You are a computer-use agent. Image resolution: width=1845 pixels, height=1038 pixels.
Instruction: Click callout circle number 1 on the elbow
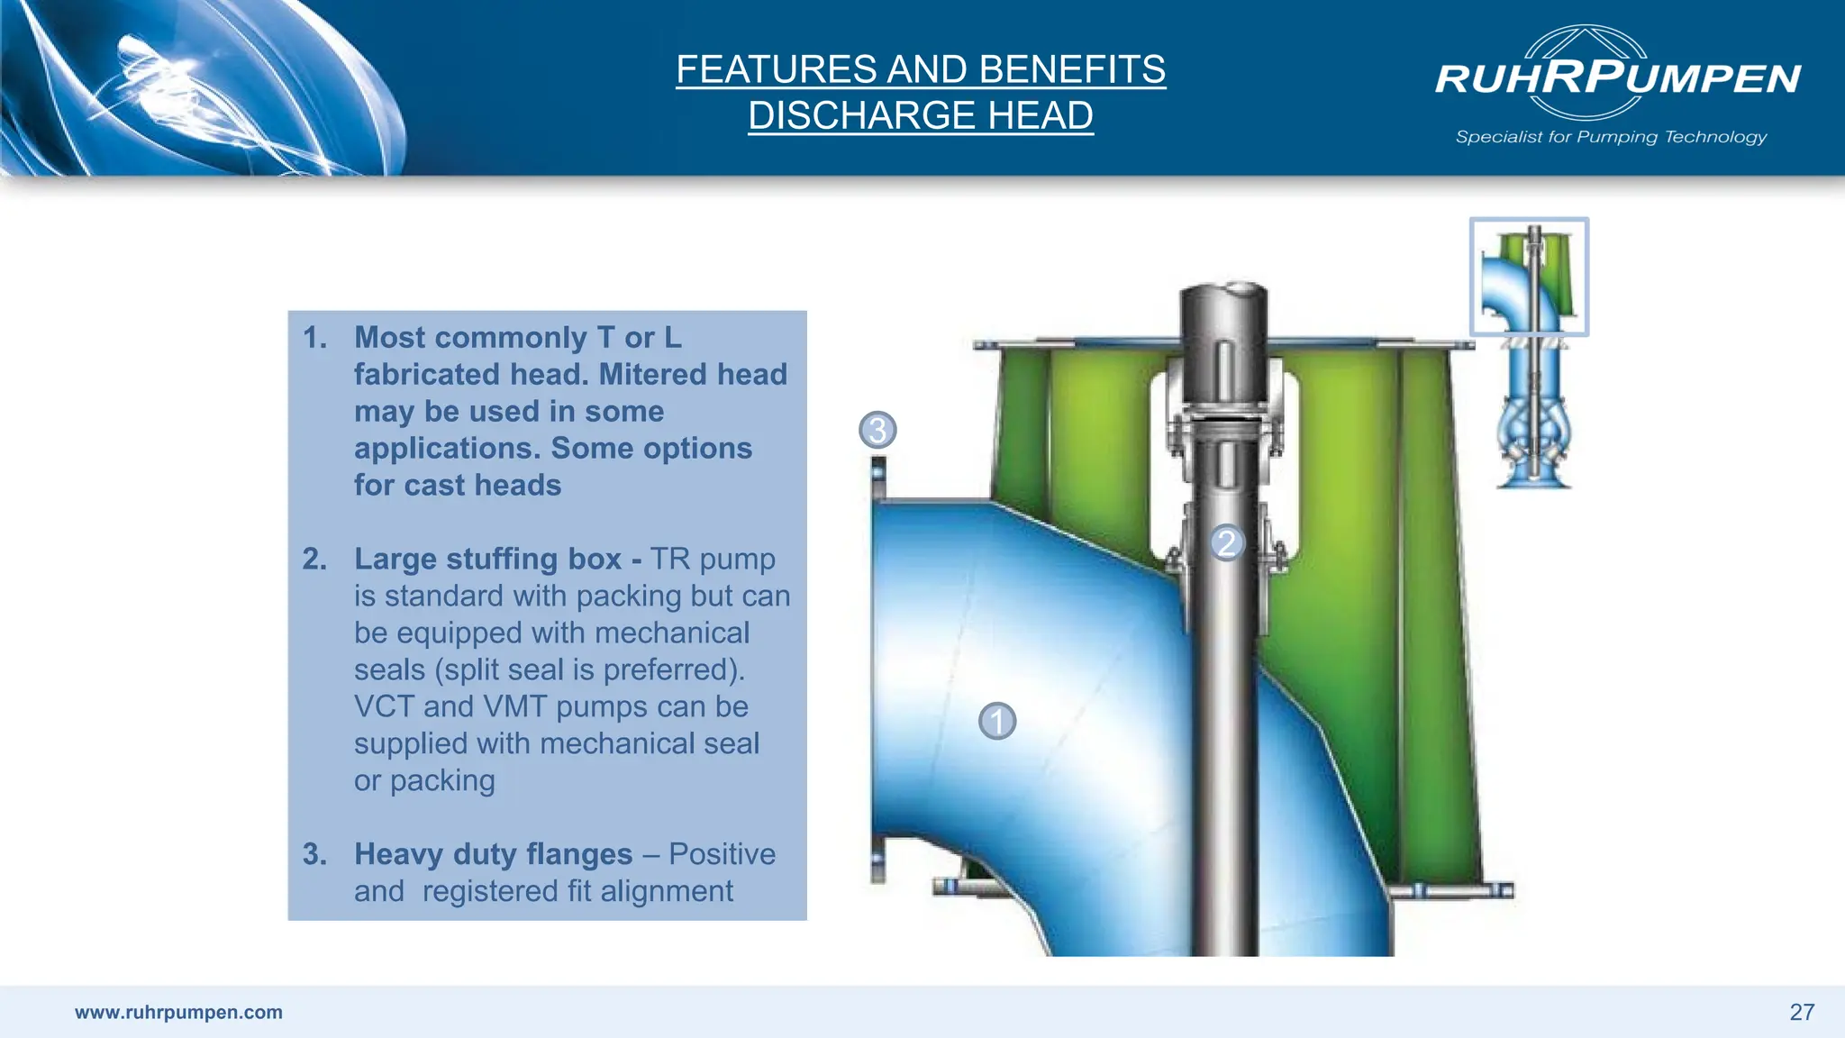[x=997, y=721]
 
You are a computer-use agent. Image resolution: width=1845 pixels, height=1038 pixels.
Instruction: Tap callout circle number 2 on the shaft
[x=1226, y=542]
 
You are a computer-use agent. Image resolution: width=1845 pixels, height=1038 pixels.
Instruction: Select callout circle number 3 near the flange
[x=877, y=430]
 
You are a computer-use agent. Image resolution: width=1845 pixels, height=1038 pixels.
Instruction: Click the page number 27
[x=1802, y=1012]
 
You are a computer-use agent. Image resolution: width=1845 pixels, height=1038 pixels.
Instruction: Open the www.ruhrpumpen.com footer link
[x=178, y=1012]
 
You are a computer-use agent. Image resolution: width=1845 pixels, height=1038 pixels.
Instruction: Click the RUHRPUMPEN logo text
[x=1618, y=77]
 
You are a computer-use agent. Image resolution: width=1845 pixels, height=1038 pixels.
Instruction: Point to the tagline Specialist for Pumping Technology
[x=1611, y=137]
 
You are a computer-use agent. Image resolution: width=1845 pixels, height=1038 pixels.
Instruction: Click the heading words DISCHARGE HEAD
[x=921, y=115]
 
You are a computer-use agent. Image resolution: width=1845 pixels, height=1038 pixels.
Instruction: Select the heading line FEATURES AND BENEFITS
[x=921, y=69]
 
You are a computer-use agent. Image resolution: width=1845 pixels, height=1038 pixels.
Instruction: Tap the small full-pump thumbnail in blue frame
[x=1529, y=277]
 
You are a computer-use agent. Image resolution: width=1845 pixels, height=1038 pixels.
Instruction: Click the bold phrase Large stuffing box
[x=487, y=559]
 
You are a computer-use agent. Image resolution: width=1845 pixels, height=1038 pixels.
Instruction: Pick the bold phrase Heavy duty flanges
[x=493, y=853]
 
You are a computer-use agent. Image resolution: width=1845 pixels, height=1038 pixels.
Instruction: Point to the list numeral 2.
[x=314, y=559]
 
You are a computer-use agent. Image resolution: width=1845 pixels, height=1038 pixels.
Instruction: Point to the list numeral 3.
[x=314, y=853]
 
